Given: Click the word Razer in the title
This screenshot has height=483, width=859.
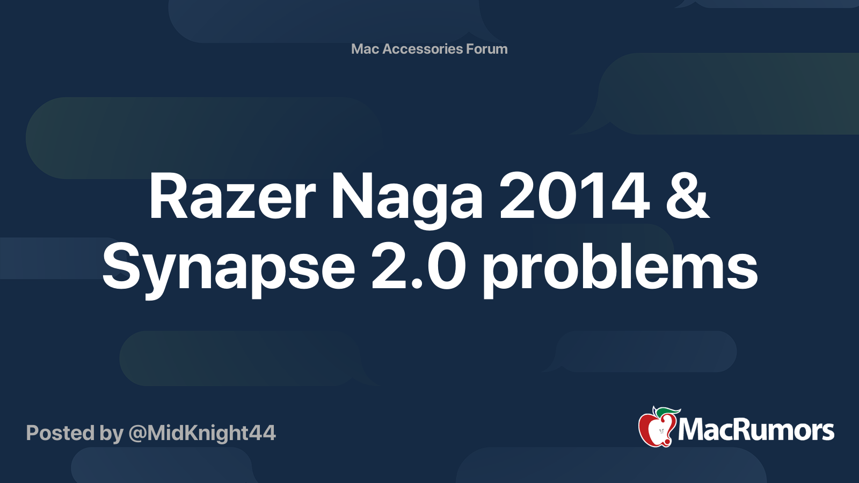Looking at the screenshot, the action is [232, 196].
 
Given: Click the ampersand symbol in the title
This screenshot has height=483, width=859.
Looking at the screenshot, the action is [688, 196].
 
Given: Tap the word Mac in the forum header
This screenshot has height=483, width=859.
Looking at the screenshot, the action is [365, 49].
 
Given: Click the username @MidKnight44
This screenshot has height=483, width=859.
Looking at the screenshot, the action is [202, 434].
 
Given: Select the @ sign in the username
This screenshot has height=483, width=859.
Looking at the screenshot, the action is [137, 434].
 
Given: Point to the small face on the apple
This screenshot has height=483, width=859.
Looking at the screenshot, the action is [661, 431].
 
